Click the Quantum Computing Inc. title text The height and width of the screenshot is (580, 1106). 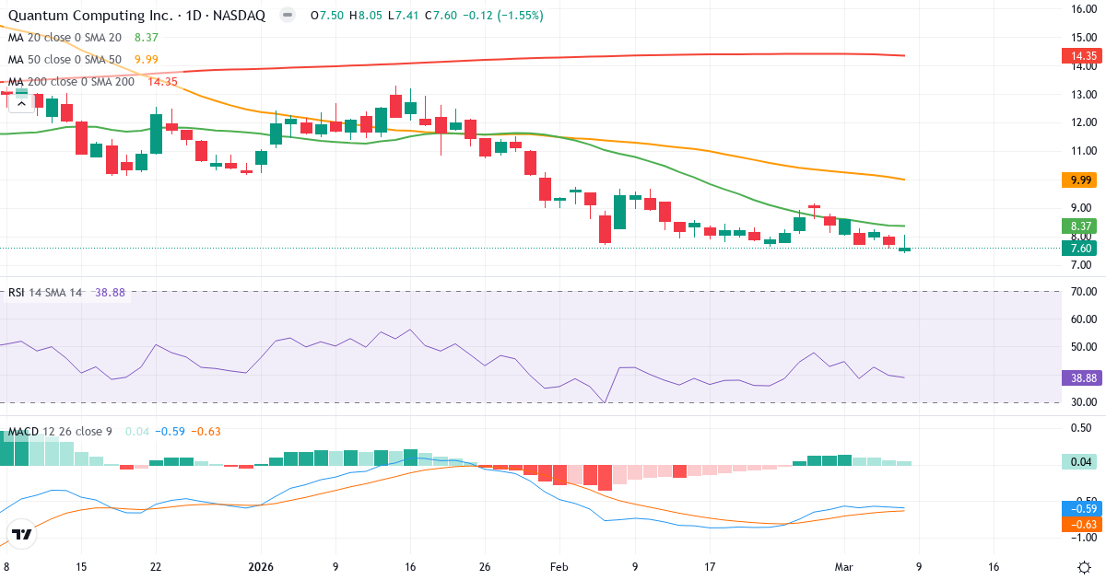[82, 16]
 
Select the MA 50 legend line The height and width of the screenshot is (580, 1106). [65, 60]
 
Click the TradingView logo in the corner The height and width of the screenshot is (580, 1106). [22, 533]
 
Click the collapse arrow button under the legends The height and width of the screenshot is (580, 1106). [21, 103]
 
